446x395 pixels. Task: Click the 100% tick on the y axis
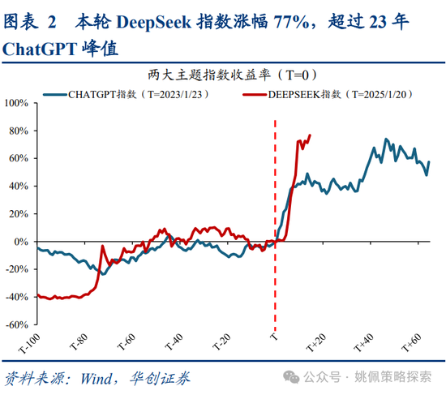16,103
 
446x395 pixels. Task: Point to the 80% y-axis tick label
19,131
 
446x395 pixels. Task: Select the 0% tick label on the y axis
21,242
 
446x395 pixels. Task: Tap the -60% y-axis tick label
16,324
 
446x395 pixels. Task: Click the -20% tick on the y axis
16,269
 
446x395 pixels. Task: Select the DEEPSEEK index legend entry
333,95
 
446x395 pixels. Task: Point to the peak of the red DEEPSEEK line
311,135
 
